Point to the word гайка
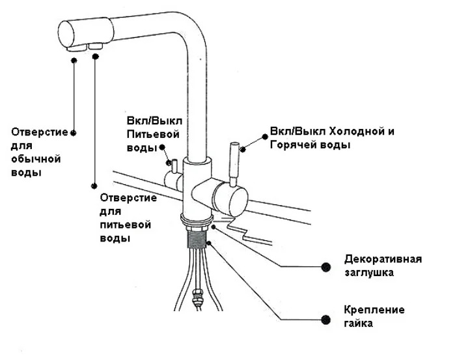[x=359, y=323]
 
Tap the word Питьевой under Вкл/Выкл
[x=151, y=135]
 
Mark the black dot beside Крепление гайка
[x=325, y=318]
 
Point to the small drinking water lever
[x=171, y=163]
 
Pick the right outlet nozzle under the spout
[x=97, y=46]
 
